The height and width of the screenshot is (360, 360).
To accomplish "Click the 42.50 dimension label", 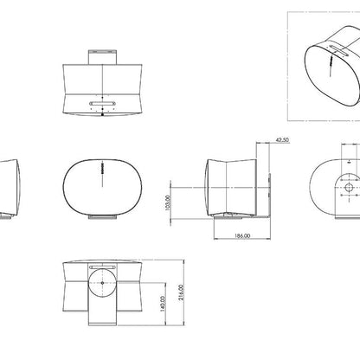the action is point(282,140).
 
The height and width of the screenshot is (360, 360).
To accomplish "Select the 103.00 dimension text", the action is point(168,203).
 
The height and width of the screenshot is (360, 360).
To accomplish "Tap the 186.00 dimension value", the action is point(242,235).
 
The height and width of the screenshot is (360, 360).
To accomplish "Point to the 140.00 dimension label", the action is point(163,304).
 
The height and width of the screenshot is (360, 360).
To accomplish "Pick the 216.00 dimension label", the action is point(181,292).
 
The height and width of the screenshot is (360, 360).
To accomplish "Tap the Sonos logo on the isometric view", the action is point(331,61).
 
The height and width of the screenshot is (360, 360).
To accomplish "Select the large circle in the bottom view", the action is point(102,283).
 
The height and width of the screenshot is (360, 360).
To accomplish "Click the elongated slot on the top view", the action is point(102,103).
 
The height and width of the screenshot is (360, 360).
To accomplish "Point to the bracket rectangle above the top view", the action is point(102,57).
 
